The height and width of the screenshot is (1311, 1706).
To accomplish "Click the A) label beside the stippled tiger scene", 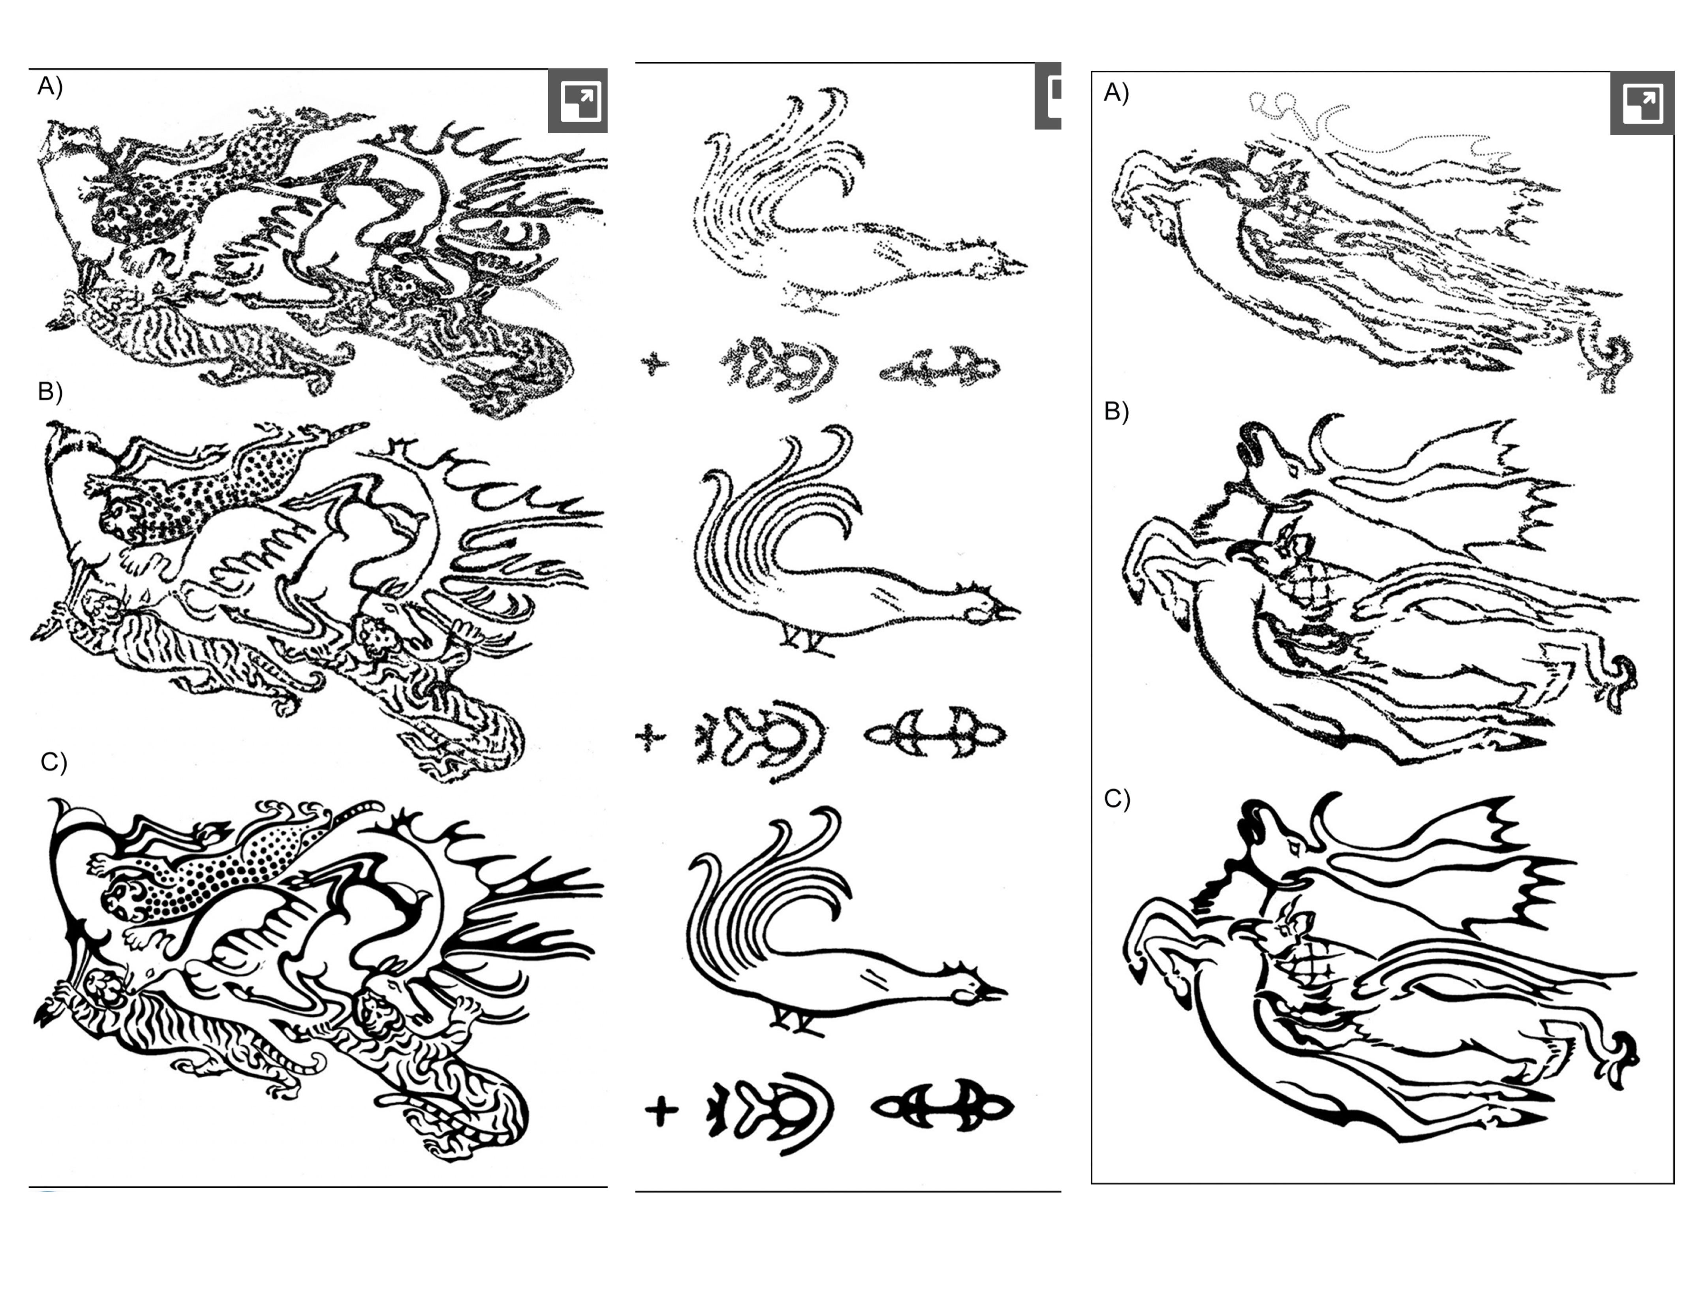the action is pos(50,86).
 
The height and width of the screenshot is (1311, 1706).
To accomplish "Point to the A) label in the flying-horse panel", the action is pos(1116,93).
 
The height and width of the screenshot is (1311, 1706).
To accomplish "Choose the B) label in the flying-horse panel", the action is pos(1116,411).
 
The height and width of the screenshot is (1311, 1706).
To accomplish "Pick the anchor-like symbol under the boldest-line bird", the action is pos(942,1106).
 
